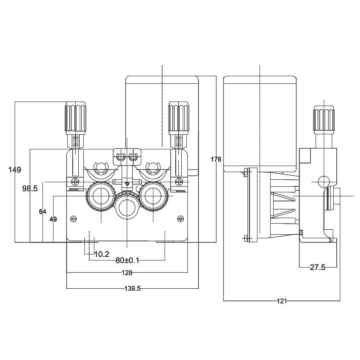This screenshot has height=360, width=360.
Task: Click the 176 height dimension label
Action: click(x=216, y=160)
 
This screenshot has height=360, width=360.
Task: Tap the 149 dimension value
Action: click(x=15, y=170)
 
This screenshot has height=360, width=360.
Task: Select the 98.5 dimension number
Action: click(x=30, y=188)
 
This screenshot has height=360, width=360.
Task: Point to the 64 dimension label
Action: click(x=42, y=212)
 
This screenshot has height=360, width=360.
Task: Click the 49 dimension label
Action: click(x=53, y=219)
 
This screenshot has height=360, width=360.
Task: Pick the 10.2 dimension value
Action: click(x=101, y=254)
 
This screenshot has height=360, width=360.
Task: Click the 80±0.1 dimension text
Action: click(x=127, y=261)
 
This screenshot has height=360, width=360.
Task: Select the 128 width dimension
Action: click(x=127, y=273)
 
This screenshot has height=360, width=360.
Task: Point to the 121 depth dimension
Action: click(x=282, y=301)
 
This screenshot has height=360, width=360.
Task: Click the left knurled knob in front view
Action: click(x=76, y=117)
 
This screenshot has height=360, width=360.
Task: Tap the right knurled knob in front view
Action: click(x=179, y=117)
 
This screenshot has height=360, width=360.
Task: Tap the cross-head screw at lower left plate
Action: click(x=74, y=218)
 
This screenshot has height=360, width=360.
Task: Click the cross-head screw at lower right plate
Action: click(x=181, y=218)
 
